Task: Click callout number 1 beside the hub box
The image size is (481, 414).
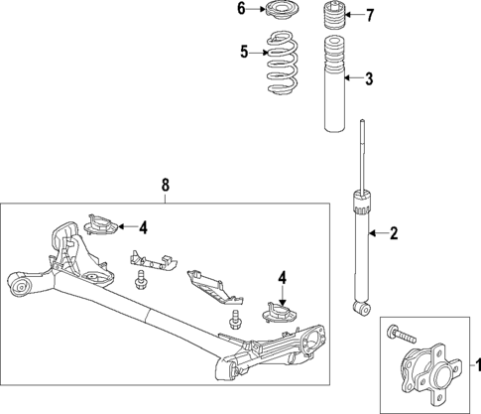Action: tap(473, 364)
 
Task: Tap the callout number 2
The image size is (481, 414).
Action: tap(394, 234)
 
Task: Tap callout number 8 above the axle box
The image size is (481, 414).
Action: tap(166, 185)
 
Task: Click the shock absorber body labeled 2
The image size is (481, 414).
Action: tap(359, 253)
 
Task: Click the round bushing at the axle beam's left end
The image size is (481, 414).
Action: tap(19, 289)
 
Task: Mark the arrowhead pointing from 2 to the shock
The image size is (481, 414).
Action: tap(371, 234)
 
